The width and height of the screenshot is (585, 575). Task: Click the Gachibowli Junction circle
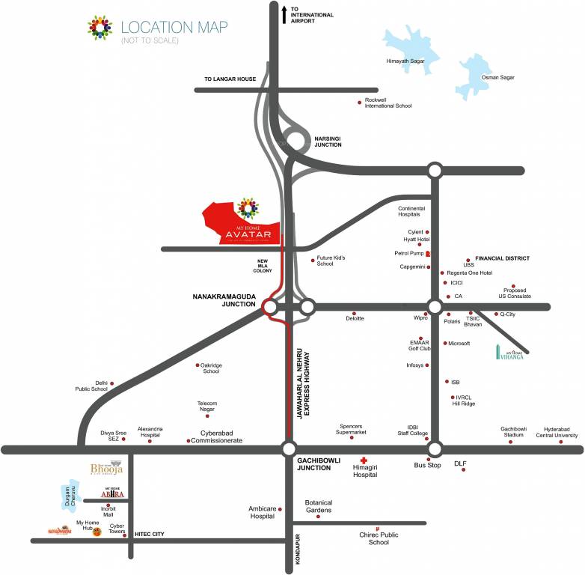click(289, 448)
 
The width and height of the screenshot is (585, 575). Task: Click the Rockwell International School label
click(388, 103)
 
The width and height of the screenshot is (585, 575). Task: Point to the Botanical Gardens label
click(318, 506)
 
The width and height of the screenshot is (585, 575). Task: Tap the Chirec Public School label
click(379, 538)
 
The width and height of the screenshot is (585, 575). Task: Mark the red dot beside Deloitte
click(354, 313)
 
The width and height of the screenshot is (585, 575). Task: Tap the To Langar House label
click(230, 79)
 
